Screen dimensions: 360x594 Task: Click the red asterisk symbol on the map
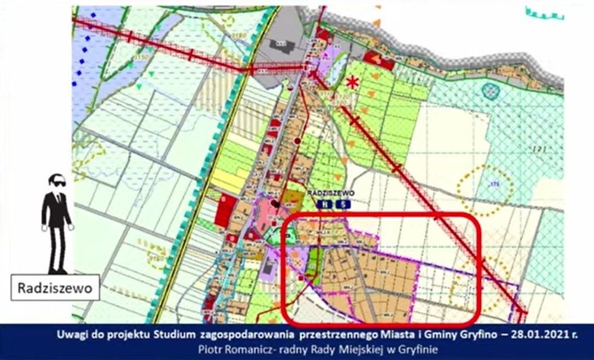(353, 82)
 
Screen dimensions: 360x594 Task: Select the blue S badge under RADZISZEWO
(342, 205)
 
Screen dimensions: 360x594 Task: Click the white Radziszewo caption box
(55, 288)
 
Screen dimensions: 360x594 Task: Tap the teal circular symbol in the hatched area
(490, 91)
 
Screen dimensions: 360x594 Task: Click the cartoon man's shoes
(57, 271)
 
